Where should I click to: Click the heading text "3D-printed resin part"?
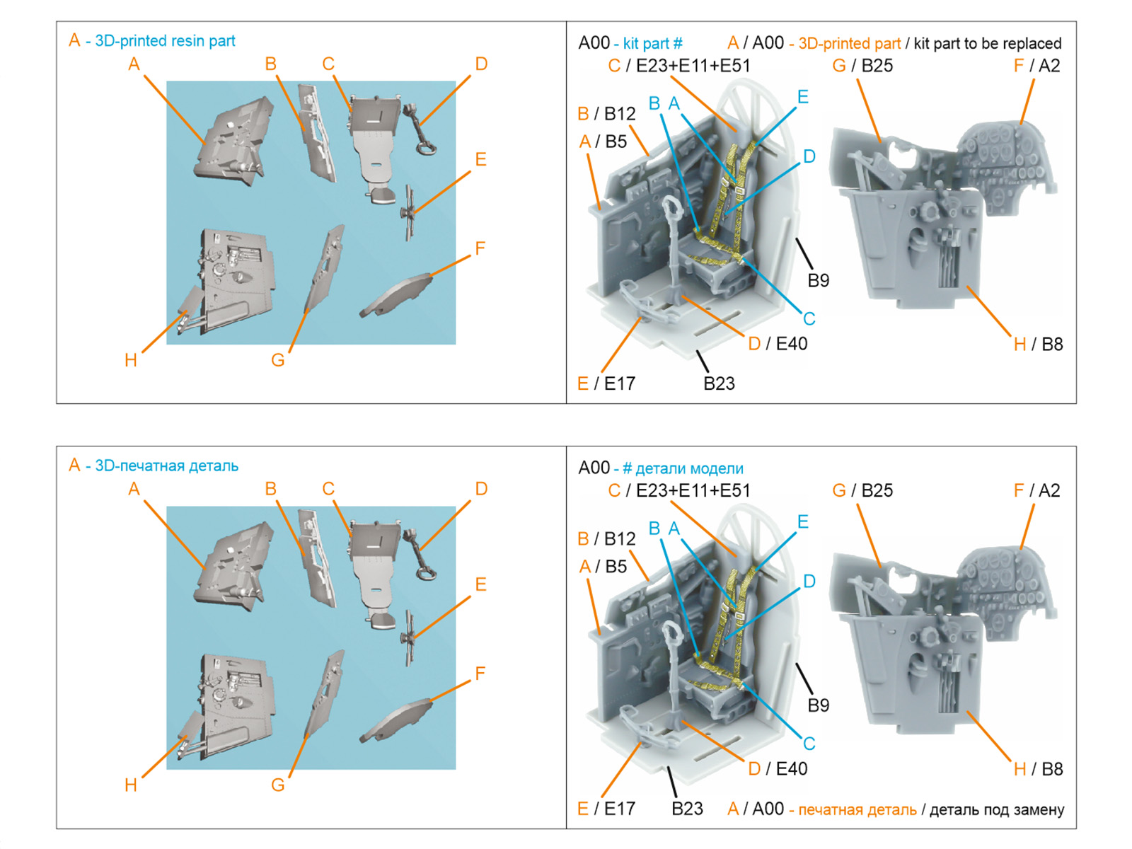click(164, 41)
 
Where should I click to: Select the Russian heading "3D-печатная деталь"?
click(166, 466)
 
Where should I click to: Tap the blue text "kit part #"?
click(652, 44)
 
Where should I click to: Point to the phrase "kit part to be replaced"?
click(987, 44)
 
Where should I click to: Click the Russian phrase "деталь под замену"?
click(996, 810)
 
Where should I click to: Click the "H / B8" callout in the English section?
click(1038, 345)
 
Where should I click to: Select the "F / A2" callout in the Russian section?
click(1036, 491)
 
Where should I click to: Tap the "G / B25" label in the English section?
click(862, 66)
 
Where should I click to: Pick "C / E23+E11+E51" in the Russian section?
click(678, 491)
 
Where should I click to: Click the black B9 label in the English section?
click(818, 281)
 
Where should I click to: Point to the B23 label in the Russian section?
click(687, 809)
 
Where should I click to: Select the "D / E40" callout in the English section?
click(778, 344)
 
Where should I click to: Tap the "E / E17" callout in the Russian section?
click(606, 809)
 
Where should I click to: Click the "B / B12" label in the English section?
click(606, 114)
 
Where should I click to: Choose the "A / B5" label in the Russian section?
click(603, 567)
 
